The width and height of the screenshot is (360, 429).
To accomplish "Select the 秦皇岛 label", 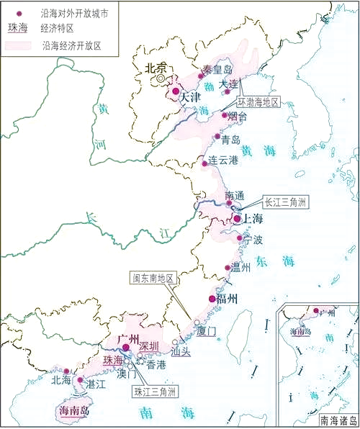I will [218, 69].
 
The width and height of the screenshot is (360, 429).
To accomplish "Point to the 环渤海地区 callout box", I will [268, 103].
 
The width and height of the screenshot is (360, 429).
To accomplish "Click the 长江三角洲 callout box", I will [285, 202].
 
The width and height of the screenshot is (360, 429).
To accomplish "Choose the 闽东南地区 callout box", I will [152, 276].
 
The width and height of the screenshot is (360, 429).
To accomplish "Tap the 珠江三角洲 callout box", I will [156, 392].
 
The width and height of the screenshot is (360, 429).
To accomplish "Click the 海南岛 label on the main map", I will [72, 412].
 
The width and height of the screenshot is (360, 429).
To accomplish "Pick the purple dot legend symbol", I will [19, 13].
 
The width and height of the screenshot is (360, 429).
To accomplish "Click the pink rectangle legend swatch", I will [19, 45].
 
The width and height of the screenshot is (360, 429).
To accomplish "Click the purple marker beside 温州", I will [228, 268].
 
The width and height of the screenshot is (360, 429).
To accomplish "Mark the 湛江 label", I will [95, 385].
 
